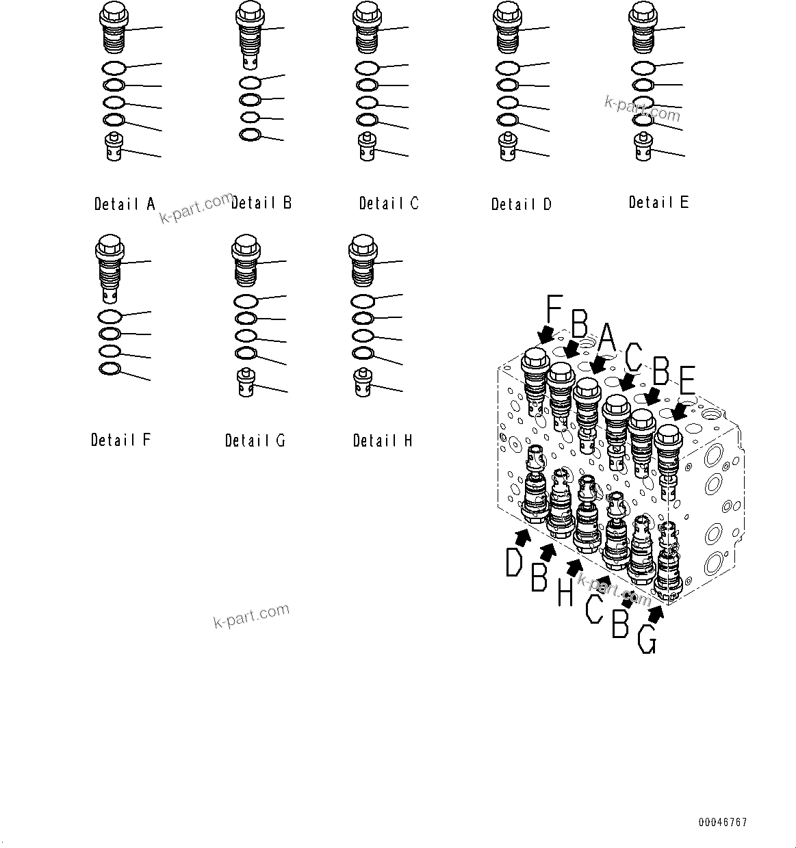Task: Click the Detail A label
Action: coord(125,204)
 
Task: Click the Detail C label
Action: coord(389,203)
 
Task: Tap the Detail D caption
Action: coord(522,204)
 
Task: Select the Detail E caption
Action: coord(658,202)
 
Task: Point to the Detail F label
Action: coord(120,440)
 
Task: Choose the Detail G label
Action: coord(255,440)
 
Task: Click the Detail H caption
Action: coord(383,440)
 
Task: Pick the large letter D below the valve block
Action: coord(514,564)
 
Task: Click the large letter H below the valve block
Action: coord(565,592)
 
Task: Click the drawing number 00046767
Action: coord(723,823)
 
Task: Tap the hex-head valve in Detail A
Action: coord(112,27)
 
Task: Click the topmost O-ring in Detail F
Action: coord(110,317)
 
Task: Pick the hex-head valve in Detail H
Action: coord(362,260)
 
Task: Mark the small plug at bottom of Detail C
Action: coord(368,147)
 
